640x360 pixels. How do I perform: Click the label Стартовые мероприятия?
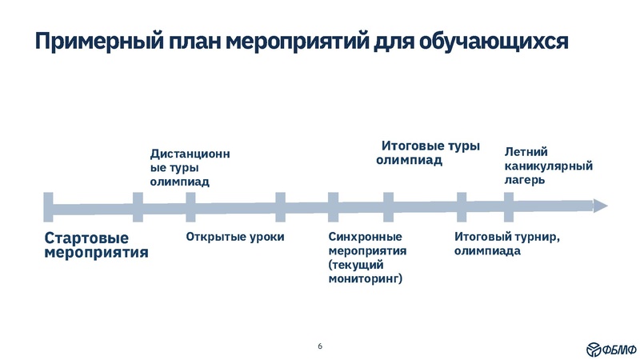pos(96,245)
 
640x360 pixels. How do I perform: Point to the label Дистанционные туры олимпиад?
pos(190,167)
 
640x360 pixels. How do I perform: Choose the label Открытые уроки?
pos(235,237)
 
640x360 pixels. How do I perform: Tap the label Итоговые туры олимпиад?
pos(428,153)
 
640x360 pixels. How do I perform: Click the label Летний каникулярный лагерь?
pos(547,165)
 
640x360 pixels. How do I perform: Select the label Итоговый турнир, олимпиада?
pos(506,243)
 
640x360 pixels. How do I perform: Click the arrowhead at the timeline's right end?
pos(600,206)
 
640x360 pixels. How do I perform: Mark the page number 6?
pos(320,346)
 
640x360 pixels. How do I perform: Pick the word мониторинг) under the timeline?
pos(366,279)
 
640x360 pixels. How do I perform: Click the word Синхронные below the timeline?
pos(365,237)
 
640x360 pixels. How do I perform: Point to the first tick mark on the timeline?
pos(49,206)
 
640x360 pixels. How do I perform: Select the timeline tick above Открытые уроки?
pos(190,206)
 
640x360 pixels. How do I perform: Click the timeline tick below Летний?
pos(508,206)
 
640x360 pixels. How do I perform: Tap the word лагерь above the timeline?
pos(525,180)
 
